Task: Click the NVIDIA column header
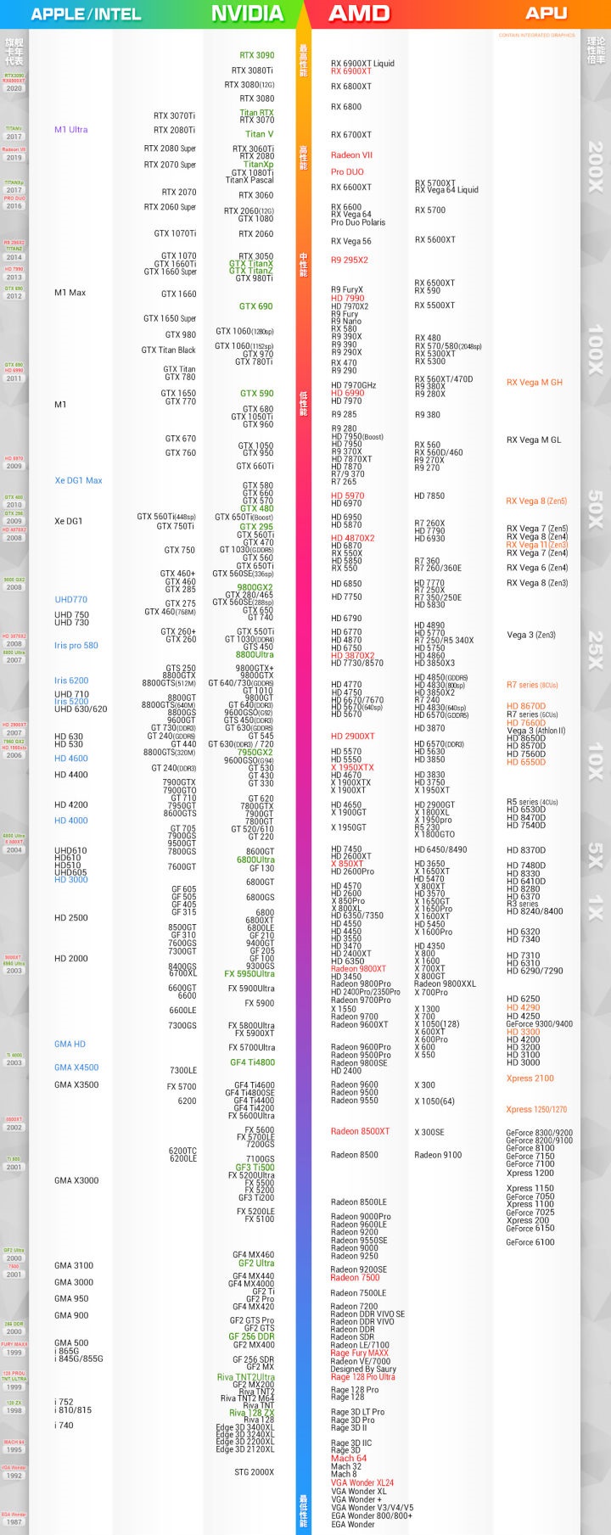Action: click(x=247, y=14)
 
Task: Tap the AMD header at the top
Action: click(x=359, y=14)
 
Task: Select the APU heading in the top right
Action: click(x=546, y=14)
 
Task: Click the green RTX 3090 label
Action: click(x=257, y=55)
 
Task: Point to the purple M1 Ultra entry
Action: click(x=71, y=130)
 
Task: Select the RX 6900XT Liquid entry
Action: click(x=362, y=64)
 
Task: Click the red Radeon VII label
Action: click(x=351, y=155)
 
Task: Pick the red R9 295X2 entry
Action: click(x=349, y=261)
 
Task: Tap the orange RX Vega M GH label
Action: click(x=534, y=383)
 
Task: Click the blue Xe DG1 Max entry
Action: click(x=78, y=480)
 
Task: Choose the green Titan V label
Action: click(x=259, y=134)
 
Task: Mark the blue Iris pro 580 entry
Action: click(x=76, y=646)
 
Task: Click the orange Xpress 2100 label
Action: click(x=530, y=1078)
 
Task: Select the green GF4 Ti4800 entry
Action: click(x=252, y=1062)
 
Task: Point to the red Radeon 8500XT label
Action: click(x=360, y=1131)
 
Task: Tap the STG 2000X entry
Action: click(x=254, y=1472)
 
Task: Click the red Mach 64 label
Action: click(x=349, y=1459)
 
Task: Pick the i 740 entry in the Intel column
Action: click(x=64, y=1426)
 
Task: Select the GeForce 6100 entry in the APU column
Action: click(x=530, y=1242)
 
